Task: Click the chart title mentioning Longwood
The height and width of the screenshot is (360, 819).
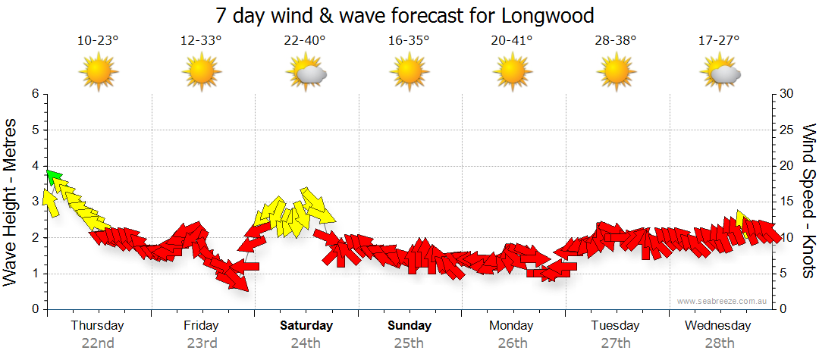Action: (x=404, y=15)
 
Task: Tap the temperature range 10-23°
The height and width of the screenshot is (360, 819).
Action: (x=98, y=41)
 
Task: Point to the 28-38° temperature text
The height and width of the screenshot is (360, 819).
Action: (x=616, y=41)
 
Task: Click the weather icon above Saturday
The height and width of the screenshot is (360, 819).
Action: (x=306, y=74)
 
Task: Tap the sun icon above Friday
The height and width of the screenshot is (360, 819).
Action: (x=202, y=74)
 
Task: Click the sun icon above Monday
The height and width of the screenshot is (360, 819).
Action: (x=513, y=74)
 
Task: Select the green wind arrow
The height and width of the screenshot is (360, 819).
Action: (x=53, y=177)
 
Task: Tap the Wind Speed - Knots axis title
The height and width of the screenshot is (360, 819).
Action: (x=808, y=201)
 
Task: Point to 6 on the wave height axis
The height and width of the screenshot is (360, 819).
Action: (x=34, y=94)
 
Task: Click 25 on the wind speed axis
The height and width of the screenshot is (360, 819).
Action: (x=787, y=130)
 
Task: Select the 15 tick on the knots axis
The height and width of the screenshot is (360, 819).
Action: (x=787, y=202)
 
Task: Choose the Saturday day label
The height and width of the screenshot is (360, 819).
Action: (x=306, y=326)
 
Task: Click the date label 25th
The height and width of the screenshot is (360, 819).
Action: (x=409, y=343)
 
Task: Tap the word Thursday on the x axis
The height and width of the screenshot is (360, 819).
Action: (x=98, y=326)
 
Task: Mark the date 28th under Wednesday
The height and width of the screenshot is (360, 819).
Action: (x=718, y=343)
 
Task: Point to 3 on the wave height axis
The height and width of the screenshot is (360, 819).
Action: (x=34, y=202)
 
